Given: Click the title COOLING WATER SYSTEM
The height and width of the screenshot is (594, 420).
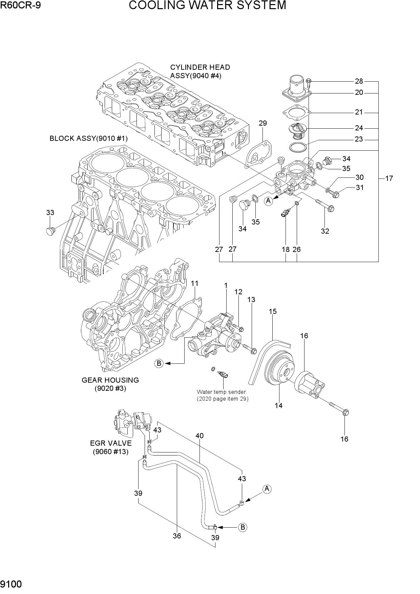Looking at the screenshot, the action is (207, 5).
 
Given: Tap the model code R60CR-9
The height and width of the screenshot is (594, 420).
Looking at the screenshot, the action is (21, 5).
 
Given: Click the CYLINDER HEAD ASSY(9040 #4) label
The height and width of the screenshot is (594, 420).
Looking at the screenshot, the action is (200, 71).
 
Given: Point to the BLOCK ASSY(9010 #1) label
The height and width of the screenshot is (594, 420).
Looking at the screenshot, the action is (88, 139).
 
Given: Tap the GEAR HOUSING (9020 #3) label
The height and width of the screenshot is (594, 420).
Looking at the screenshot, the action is (110, 384).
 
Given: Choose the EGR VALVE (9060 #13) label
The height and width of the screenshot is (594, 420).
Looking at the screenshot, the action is (111, 447).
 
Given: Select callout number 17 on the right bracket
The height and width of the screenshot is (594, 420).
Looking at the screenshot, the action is (389, 178).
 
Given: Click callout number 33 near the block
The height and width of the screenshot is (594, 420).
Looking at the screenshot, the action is (50, 213).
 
